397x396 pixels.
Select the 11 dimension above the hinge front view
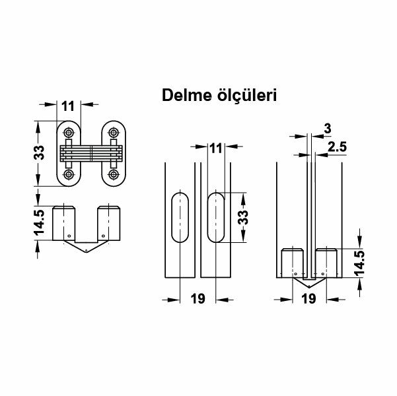[68, 104]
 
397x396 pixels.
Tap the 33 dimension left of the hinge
[40, 153]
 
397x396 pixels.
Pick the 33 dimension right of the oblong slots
[243, 218]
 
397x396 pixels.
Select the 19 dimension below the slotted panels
[198, 299]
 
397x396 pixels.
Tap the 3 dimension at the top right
[327, 129]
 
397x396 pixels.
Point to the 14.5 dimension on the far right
[359, 262]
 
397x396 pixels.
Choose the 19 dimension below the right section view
[307, 299]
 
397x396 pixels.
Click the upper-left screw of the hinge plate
[67, 130]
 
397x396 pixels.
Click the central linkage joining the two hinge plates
[90, 152]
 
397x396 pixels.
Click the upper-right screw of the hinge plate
[114, 130]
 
